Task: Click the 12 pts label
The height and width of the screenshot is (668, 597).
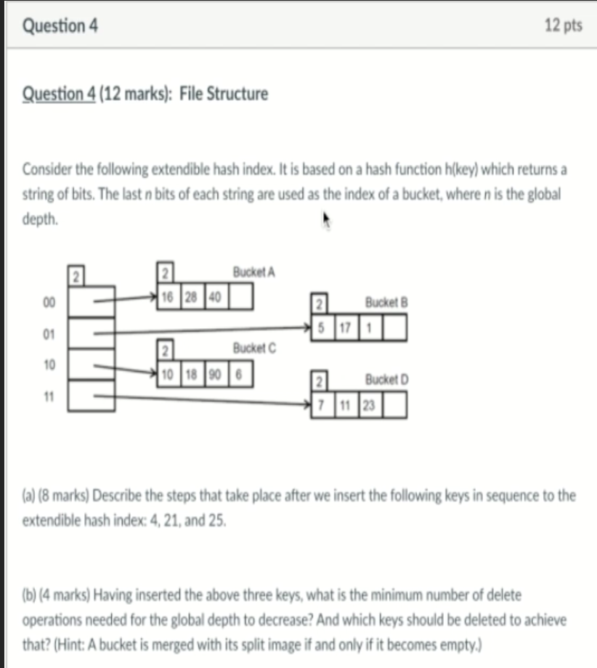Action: tap(563, 25)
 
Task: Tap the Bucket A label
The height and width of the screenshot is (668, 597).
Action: tap(253, 272)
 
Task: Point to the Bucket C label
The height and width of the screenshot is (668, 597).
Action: tap(254, 348)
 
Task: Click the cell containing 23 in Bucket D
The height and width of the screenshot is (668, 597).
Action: tap(369, 406)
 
